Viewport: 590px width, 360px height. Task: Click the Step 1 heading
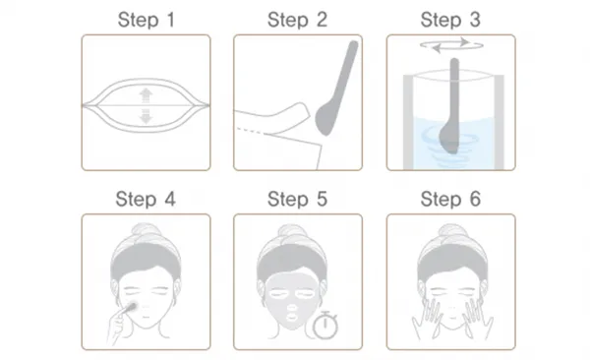tap(147, 20)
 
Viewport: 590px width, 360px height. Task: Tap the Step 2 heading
tap(297, 20)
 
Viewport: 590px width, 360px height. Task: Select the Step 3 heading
tap(450, 20)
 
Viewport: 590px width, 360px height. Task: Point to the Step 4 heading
tap(146, 199)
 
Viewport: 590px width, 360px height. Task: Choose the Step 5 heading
tap(297, 199)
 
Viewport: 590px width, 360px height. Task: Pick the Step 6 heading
tap(450, 199)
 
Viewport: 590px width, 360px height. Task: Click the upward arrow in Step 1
tap(146, 95)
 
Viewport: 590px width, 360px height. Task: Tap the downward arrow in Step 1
tap(146, 116)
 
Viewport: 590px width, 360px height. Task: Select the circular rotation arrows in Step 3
tap(451, 45)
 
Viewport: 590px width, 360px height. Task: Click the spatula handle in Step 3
tap(454, 90)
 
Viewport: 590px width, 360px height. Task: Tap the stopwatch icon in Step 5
tap(325, 325)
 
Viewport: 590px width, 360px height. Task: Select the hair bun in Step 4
tap(146, 231)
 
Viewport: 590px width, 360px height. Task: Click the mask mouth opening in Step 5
tap(292, 320)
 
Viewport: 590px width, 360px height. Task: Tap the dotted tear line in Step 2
tap(250, 130)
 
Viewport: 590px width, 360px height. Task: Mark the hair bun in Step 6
tap(452, 231)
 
